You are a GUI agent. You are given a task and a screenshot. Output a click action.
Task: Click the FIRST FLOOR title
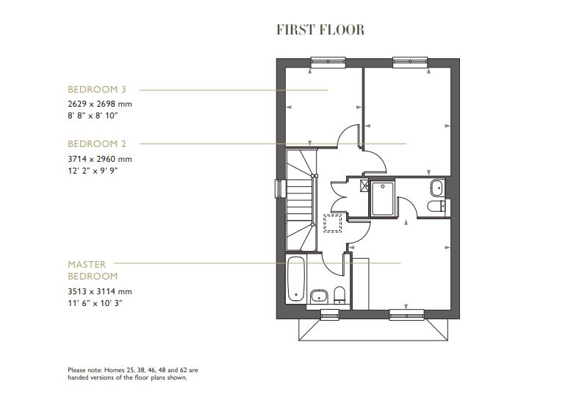pyautogui.click(x=320, y=30)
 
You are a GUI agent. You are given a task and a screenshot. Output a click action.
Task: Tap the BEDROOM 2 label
pyautogui.click(x=97, y=143)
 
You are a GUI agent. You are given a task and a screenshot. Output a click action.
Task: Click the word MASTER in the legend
pyautogui.click(x=87, y=263)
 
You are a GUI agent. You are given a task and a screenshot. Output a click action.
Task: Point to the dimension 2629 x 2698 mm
pyautogui.click(x=100, y=104)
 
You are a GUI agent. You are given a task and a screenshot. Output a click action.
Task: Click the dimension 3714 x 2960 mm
pyautogui.click(x=100, y=158)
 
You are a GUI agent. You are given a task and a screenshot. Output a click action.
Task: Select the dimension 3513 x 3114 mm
pyautogui.click(x=100, y=291)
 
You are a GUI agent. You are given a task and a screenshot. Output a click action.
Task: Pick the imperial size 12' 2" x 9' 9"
pyautogui.click(x=93, y=170)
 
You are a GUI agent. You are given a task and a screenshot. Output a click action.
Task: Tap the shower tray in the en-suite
pyautogui.click(x=382, y=198)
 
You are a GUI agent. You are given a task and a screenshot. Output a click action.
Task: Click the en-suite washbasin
pyautogui.click(x=436, y=186)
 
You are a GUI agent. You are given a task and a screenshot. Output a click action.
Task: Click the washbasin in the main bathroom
pyautogui.click(x=318, y=296)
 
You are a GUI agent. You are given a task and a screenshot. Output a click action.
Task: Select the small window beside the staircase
pyautogui.click(x=279, y=188)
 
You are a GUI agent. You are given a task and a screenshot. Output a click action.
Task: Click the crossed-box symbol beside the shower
pyautogui.click(x=364, y=185)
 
